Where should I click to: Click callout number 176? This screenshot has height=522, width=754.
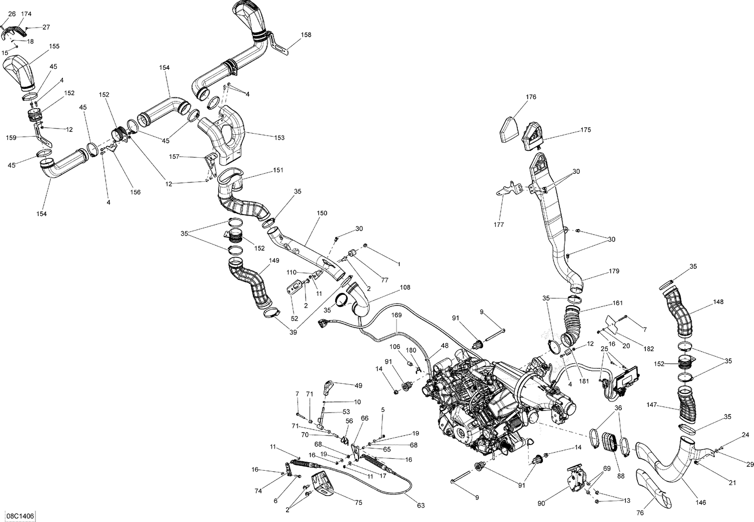coord(517,97)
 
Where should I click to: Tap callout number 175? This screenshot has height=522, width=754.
coord(586,130)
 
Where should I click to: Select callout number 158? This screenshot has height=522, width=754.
coord(306,35)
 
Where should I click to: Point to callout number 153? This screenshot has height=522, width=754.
coord(279,138)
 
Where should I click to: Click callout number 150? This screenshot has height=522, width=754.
coord(322,213)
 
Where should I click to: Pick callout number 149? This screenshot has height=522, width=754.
coord(274,261)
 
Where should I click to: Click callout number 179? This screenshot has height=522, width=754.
coord(614,272)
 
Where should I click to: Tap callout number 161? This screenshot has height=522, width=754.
coord(618,303)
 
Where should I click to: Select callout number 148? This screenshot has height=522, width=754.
coord(718,302)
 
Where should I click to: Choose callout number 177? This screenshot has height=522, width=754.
coord(499,225)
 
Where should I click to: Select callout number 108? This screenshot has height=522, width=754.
coord(405,288)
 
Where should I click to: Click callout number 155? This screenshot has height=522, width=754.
coord(54,46)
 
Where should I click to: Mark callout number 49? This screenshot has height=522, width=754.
coord(358,385)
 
